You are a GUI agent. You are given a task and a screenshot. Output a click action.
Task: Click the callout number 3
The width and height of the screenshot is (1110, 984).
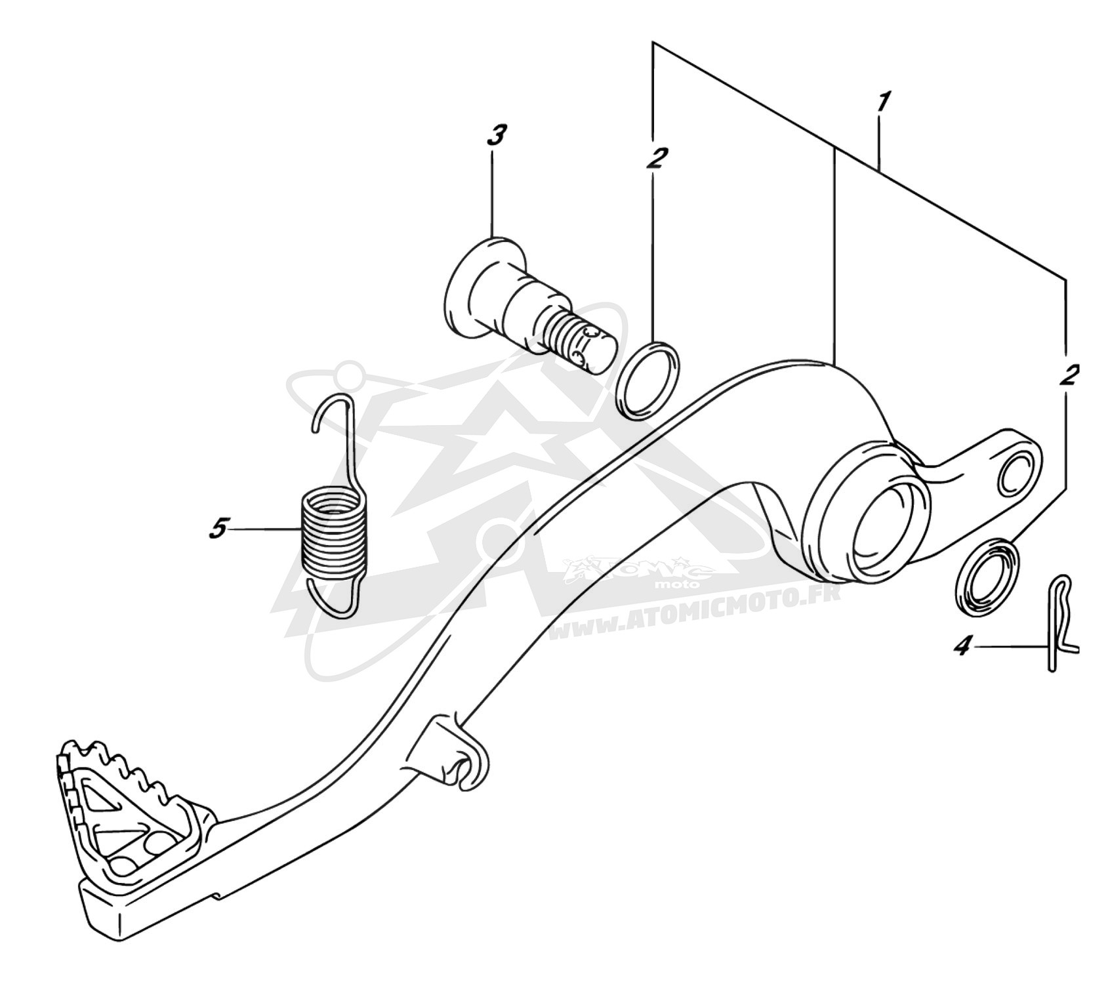coord(496,136)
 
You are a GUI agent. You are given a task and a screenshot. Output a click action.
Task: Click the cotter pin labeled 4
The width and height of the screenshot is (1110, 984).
coord(1060,623)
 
